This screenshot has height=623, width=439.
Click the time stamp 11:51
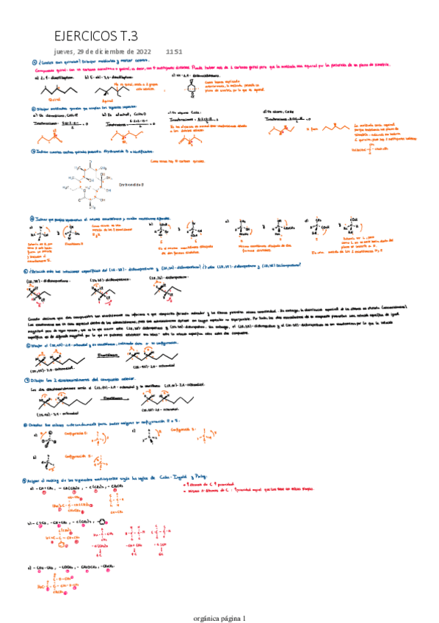click(x=174, y=51)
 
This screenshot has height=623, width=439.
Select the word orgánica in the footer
click(x=205, y=618)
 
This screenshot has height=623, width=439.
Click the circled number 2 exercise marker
click(x=33, y=107)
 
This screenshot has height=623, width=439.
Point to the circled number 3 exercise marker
click(x=33, y=151)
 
